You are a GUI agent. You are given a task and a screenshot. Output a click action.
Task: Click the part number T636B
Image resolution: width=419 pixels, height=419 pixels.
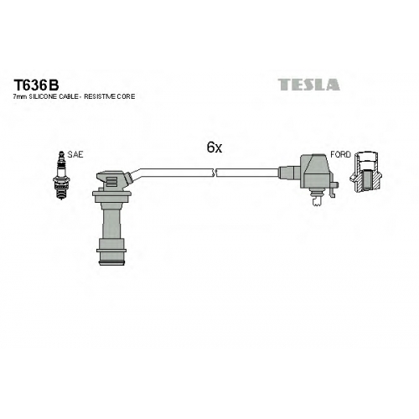tap(36, 85)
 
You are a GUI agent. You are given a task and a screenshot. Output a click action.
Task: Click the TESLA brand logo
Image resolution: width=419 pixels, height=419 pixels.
tap(308, 85)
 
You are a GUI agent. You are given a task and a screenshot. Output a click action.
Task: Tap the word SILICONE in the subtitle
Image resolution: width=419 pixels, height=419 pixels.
tap(40, 96)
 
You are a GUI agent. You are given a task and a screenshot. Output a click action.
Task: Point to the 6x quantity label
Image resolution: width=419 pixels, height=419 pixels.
tap(215, 147)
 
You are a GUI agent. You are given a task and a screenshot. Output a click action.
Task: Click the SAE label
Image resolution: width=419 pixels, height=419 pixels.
tap(75, 154)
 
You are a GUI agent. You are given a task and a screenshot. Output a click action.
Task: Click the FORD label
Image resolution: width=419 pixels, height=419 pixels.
tap(340, 154)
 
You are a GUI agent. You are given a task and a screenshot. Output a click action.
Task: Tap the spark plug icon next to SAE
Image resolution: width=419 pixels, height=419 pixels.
tap(60, 175)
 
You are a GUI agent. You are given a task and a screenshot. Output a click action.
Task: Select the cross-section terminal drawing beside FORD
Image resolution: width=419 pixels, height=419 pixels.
tap(365, 172)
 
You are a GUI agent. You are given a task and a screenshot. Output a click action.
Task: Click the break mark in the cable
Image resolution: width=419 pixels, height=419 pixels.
tap(215, 173)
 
